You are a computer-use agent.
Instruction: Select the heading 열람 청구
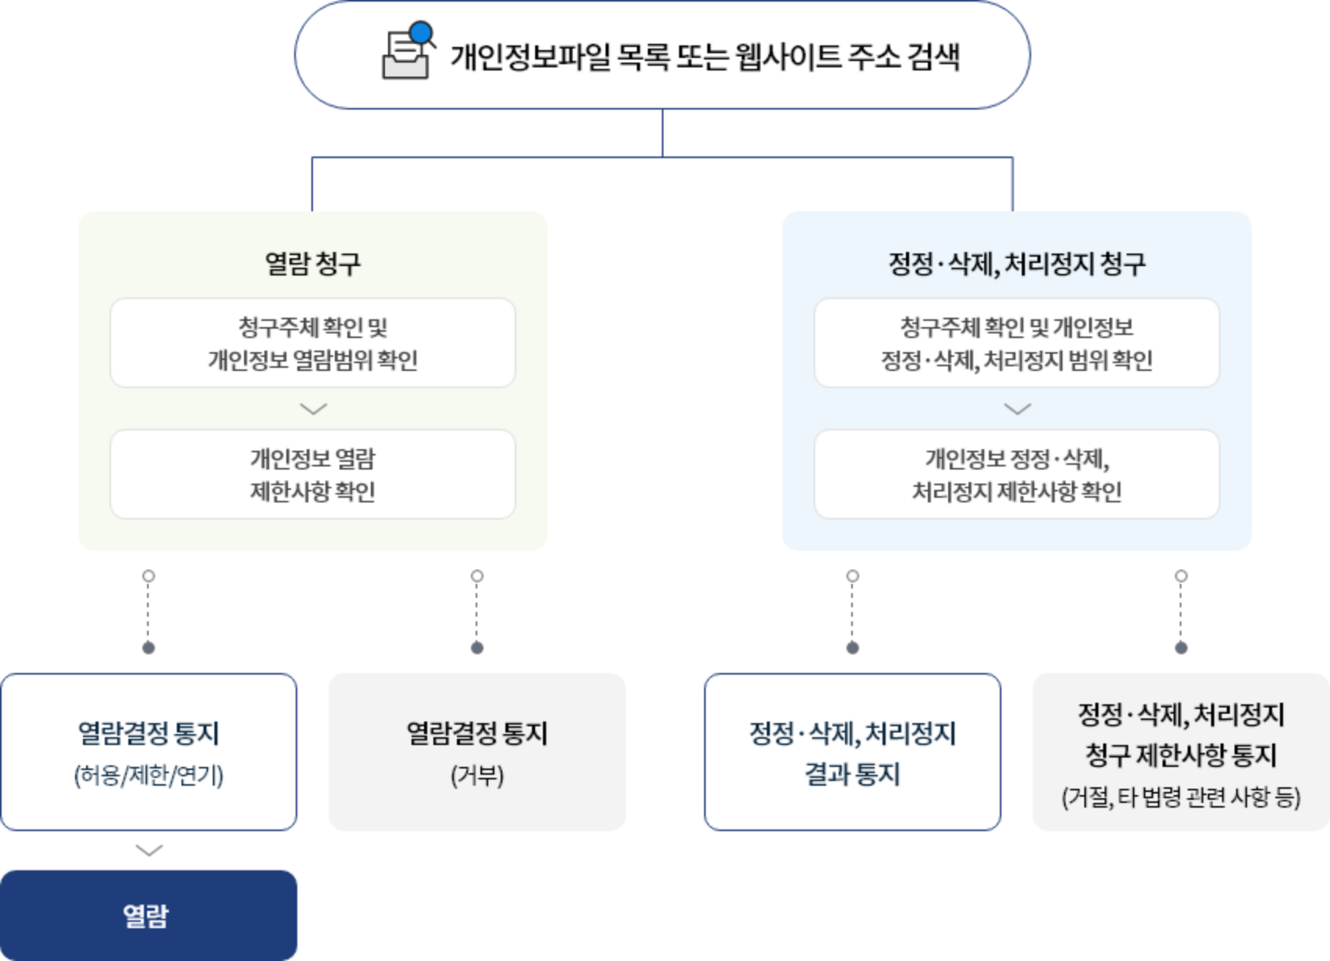point(313,264)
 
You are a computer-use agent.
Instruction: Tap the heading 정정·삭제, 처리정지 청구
point(1016,264)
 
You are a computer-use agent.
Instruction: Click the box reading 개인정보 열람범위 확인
point(313,344)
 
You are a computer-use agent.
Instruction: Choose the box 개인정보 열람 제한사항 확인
point(313,475)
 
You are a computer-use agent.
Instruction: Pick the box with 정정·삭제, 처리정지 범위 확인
point(1016,344)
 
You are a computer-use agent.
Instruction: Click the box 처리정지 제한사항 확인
point(1016,475)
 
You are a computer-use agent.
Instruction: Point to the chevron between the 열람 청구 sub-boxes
point(313,409)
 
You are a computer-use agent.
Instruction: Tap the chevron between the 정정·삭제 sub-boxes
point(1017,409)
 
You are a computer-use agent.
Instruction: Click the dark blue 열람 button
point(148,915)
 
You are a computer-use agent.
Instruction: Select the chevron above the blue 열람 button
point(149,850)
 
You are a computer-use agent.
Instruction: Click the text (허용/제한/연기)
point(149,776)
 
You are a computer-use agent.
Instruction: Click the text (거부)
point(477,776)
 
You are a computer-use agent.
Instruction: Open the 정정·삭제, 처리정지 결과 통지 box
point(852,752)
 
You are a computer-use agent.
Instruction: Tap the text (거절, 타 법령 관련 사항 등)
point(1181,797)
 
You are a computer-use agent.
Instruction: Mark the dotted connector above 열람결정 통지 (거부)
point(477,612)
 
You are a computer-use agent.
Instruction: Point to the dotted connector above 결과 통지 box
point(853,612)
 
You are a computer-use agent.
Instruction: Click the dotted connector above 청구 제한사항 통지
point(1181,612)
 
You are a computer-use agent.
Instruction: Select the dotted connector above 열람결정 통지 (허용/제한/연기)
point(149,612)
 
